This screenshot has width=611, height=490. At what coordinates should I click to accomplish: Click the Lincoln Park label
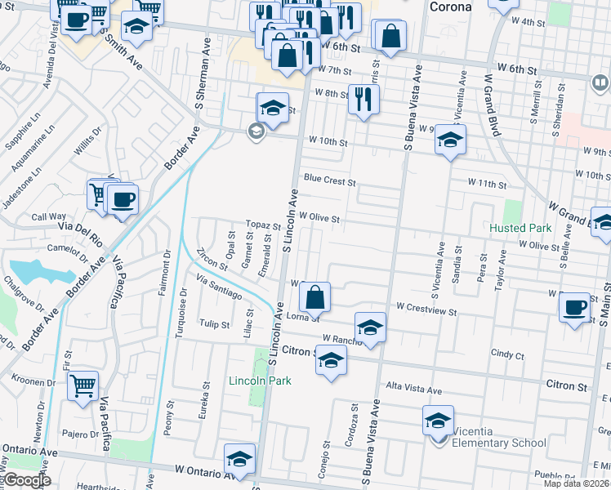tap(260, 381)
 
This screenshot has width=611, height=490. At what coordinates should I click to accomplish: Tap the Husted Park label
tap(521, 228)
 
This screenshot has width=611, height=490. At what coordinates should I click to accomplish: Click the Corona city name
tap(451, 7)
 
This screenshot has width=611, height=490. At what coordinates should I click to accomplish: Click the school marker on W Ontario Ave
tap(239, 459)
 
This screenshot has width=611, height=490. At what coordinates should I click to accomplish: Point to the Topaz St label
tap(263, 225)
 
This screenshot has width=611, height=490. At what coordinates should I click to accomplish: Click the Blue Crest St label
tap(329, 180)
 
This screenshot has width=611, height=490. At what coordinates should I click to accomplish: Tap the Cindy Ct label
tap(506, 354)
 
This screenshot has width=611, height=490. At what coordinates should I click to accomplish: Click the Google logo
tap(26, 480)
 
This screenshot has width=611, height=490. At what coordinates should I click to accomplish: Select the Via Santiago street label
tap(219, 287)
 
